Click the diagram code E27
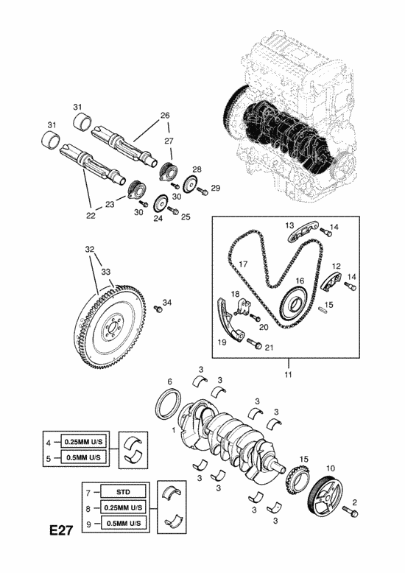click(x=61, y=530)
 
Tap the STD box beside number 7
click(x=123, y=491)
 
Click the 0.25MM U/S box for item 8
click(x=123, y=507)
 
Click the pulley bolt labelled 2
click(x=350, y=511)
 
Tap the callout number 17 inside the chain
click(x=243, y=264)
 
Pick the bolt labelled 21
click(x=254, y=343)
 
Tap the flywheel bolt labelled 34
click(x=158, y=309)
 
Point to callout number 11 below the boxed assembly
click(x=288, y=375)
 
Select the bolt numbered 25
click(x=173, y=211)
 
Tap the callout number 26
click(x=165, y=115)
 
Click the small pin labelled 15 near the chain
click(x=322, y=309)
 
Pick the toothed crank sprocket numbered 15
click(x=298, y=480)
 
